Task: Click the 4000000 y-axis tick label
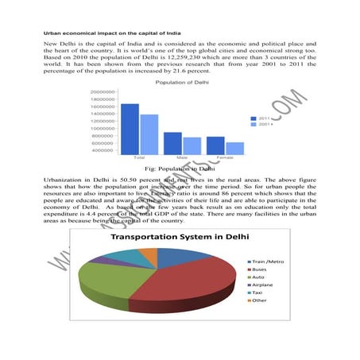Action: coord(106,150)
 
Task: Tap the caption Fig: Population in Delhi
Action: coord(180,168)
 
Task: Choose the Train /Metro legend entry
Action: coord(267,261)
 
